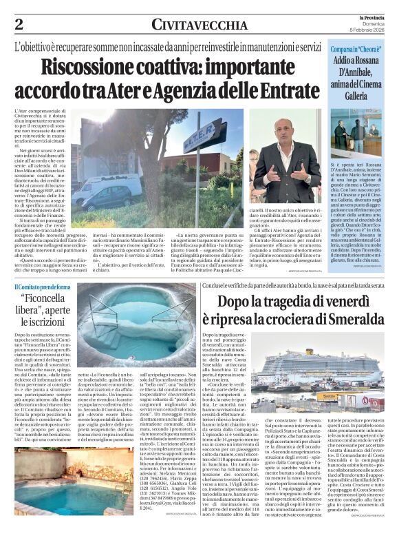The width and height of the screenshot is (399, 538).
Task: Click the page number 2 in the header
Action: coord(19,24)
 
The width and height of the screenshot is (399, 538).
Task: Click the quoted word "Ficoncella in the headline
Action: coord(51,300)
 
